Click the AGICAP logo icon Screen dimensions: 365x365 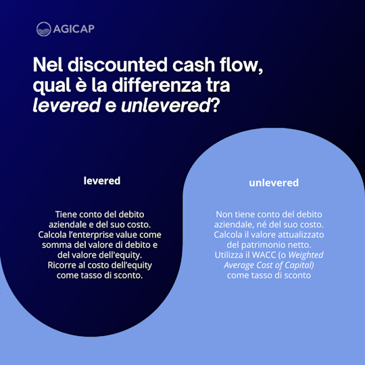[44, 29]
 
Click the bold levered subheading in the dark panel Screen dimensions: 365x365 [102, 180]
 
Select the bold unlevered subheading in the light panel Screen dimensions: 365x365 [274, 182]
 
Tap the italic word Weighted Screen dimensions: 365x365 [306, 255]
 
